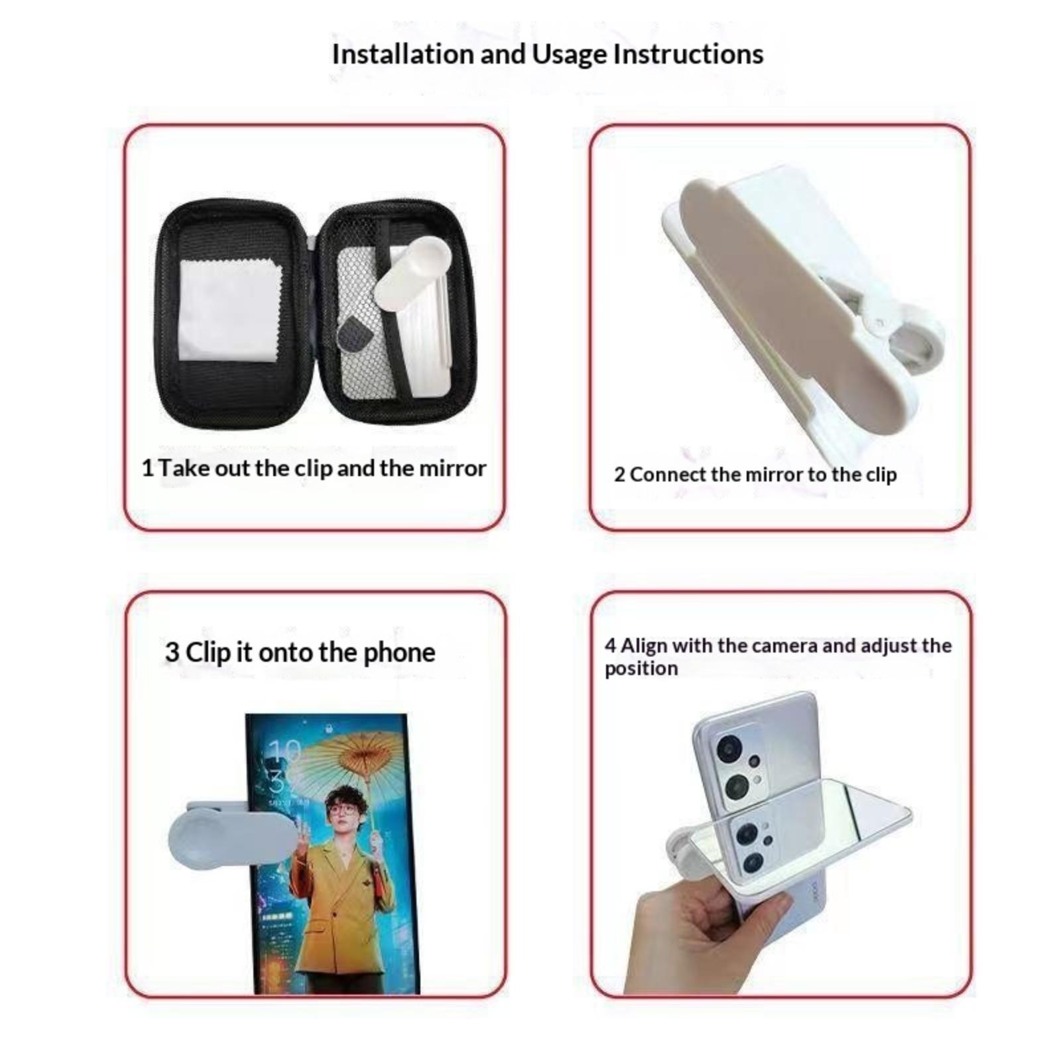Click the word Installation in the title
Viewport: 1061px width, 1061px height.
pos(403,54)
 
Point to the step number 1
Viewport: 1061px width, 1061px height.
pos(147,468)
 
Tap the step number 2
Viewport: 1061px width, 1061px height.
pos(619,475)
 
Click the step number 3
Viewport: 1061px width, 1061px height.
pos(172,653)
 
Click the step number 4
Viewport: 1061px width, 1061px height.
pos(610,645)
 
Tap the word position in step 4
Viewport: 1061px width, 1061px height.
pos(641,668)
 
